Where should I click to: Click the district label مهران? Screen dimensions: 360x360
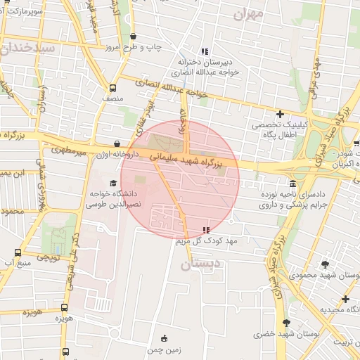point(249,13)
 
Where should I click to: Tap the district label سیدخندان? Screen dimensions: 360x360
point(27,49)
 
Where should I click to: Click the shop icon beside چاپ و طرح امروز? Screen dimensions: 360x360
point(134,37)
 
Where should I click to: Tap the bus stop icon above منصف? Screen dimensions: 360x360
point(112,88)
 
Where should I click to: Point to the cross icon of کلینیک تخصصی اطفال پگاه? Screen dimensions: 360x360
point(280,114)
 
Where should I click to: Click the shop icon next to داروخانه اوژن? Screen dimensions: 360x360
point(116,143)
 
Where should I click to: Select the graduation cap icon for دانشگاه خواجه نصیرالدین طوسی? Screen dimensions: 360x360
point(112,184)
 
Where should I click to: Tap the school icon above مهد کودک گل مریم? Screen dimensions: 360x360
point(205,230)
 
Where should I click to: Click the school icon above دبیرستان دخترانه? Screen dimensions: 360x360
point(205,51)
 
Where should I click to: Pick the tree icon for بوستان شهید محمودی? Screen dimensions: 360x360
point(325,264)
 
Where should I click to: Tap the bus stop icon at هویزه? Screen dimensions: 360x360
point(65,307)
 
